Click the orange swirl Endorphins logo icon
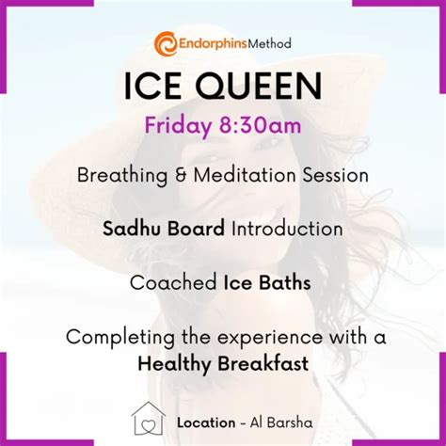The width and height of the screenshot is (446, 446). click(x=167, y=43)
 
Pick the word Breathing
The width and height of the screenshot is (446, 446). click(x=121, y=176)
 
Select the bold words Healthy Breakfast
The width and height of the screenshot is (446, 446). click(x=223, y=362)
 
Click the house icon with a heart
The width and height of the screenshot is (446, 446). click(x=147, y=421)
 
